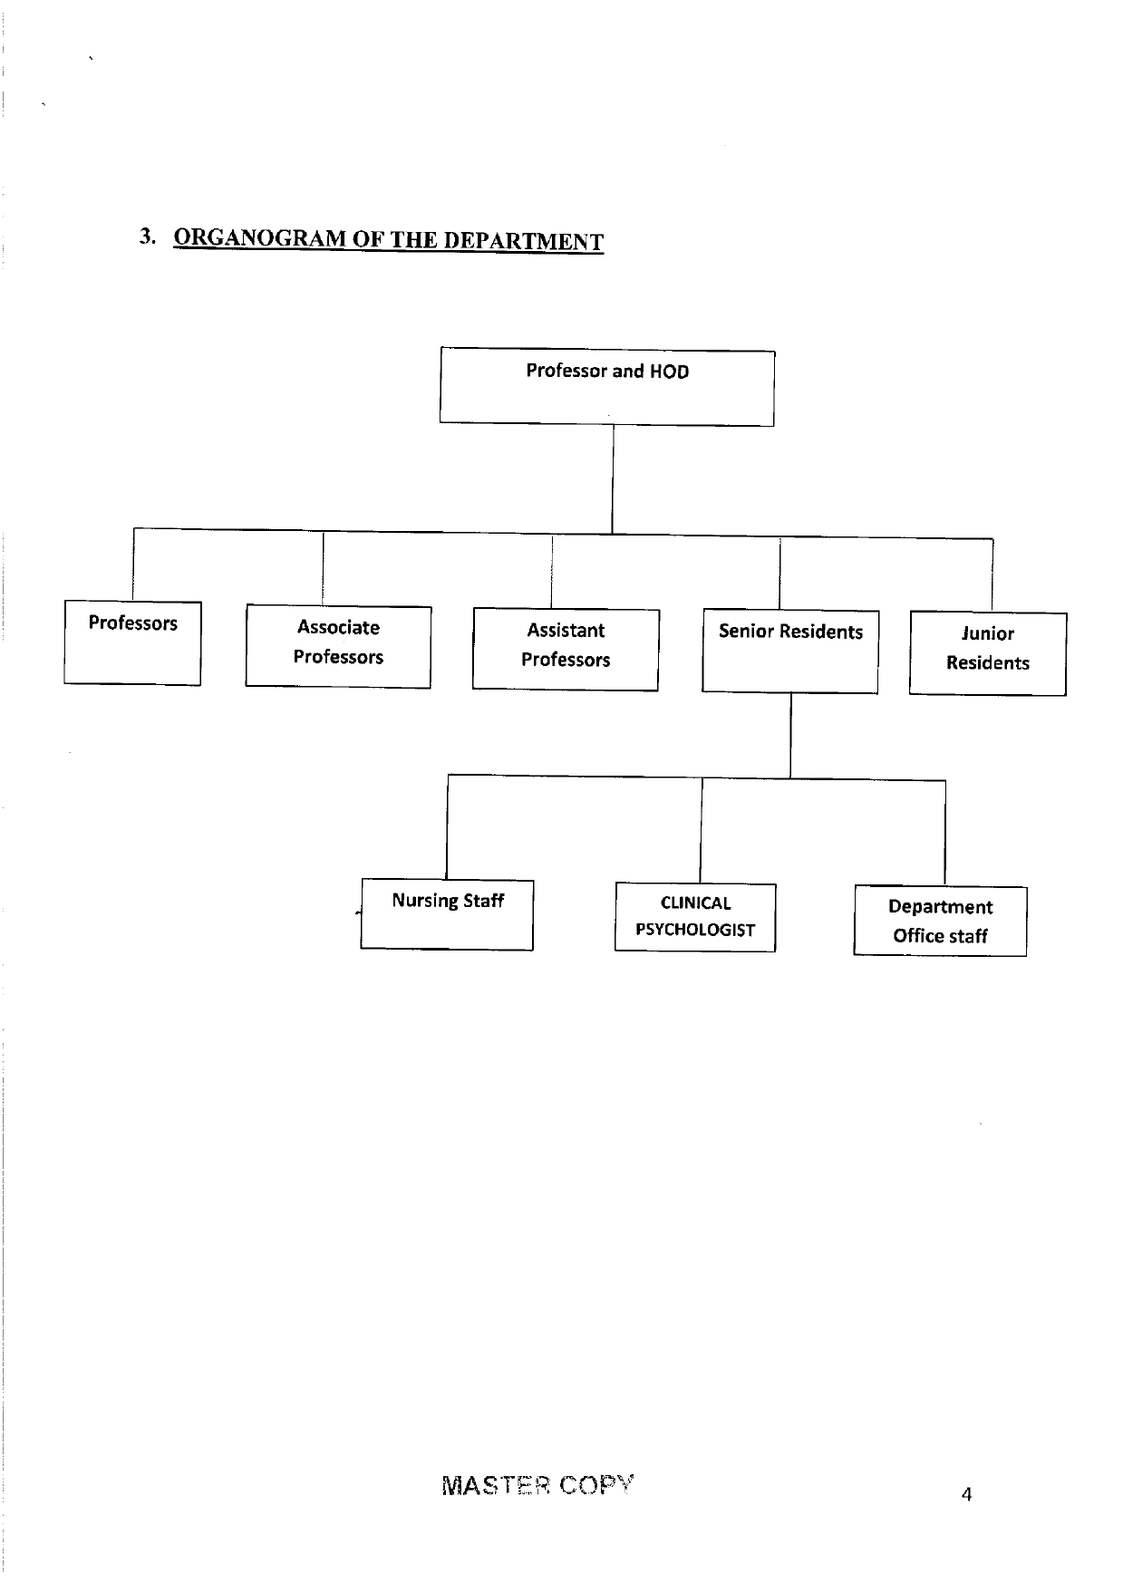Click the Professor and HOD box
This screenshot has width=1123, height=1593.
coord(607,387)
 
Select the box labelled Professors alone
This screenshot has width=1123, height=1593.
coord(132,642)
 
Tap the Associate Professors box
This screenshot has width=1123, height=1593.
coord(338,646)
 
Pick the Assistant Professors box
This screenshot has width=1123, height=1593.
coord(566,649)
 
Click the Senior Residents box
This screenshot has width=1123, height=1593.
coord(790,652)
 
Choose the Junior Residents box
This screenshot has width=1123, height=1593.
coord(988,654)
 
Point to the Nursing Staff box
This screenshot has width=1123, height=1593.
coord(447,914)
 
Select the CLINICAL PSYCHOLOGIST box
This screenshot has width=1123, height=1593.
coord(695,917)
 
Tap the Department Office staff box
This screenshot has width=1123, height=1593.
coord(940,921)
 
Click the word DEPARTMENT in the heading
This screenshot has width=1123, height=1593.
coord(523,241)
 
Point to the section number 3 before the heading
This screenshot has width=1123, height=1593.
coord(147,237)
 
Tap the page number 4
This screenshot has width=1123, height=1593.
coord(966,1495)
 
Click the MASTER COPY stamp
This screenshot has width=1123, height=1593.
coord(538,1486)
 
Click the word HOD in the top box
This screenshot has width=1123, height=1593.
coord(669,372)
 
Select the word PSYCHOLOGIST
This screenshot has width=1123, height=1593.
coord(695,930)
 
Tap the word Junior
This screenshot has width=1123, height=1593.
coord(988,633)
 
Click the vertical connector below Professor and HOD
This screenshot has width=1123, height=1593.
coord(613,479)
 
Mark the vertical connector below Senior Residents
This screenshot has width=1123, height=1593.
coord(790,736)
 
